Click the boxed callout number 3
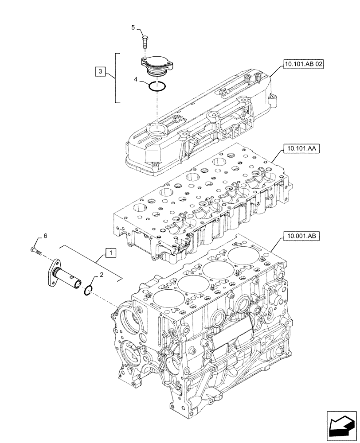click(100, 71)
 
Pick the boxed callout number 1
click(111, 253)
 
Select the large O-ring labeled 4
click(157, 87)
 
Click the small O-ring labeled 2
click(88, 290)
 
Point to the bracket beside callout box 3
click(117, 78)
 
